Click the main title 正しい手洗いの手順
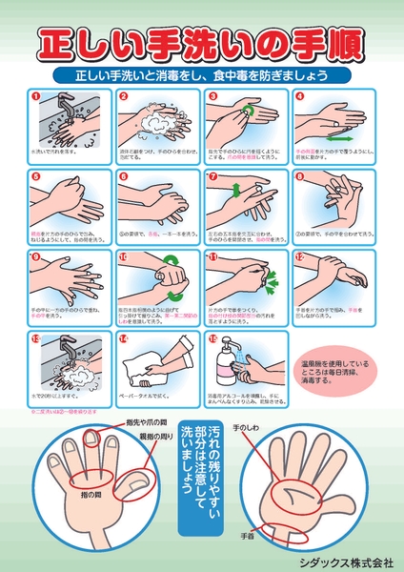pos(202,44)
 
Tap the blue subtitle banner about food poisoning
pos(202,74)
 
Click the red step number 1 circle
pos(35,96)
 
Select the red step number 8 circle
pos(298,176)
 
